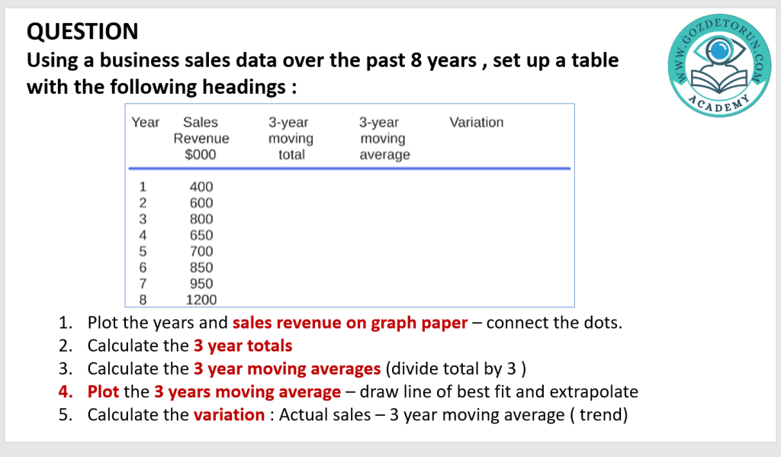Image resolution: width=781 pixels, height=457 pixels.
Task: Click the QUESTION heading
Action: (x=82, y=31)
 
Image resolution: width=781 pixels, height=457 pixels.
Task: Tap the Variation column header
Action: (x=476, y=122)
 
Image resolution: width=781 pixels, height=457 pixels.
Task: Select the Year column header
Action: (x=145, y=122)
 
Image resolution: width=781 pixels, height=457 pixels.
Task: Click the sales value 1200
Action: (x=201, y=300)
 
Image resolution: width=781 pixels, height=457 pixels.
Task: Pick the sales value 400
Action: (x=201, y=186)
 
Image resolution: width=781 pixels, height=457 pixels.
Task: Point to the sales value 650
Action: (x=201, y=235)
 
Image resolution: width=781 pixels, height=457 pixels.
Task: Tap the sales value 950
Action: (x=201, y=283)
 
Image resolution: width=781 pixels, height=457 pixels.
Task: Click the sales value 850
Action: (x=201, y=267)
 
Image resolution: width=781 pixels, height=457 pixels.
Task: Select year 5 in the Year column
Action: (x=143, y=251)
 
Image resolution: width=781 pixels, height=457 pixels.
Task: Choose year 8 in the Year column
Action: (x=143, y=300)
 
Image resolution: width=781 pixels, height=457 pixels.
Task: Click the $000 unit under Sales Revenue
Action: (x=201, y=154)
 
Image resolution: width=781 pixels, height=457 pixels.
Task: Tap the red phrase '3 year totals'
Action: (x=243, y=346)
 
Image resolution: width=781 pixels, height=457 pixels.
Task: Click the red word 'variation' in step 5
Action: (x=229, y=414)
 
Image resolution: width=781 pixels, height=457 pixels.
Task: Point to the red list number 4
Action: (x=66, y=391)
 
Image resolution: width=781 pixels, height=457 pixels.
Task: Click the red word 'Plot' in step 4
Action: (x=103, y=391)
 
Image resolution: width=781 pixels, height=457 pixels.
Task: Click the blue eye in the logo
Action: (x=718, y=50)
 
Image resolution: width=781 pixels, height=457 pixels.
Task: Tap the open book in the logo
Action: (x=720, y=81)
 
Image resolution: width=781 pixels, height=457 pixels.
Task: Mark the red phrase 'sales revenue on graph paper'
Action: (x=350, y=323)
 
